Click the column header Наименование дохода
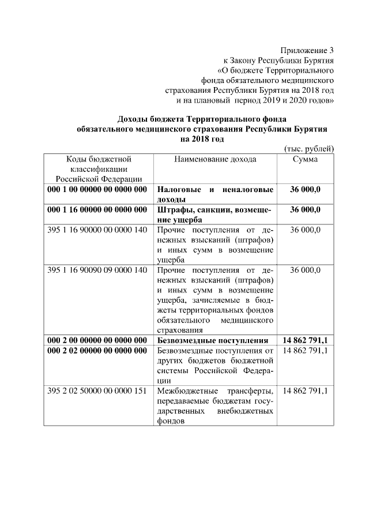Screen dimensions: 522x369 click(215, 159)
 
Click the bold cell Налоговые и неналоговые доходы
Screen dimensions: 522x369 click(215, 194)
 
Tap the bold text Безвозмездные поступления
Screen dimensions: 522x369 click(213, 340)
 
